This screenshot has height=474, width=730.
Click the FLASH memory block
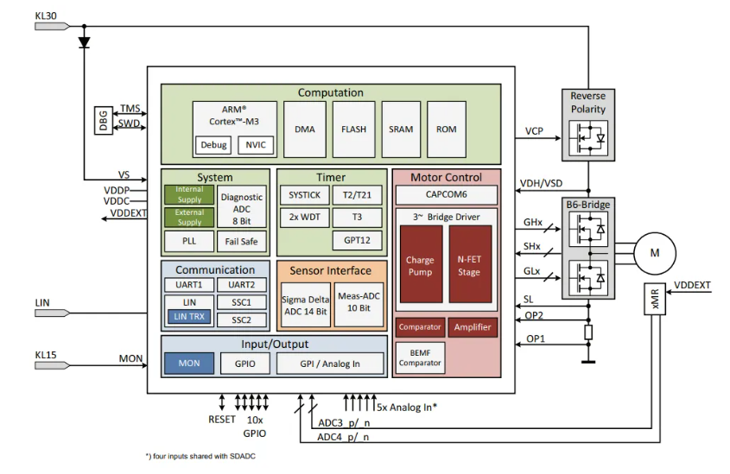click(x=354, y=130)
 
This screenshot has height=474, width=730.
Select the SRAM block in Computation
click(x=401, y=130)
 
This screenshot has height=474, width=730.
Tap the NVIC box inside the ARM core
click(x=256, y=145)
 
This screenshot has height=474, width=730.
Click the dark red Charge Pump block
click(x=421, y=264)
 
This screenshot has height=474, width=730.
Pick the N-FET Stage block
click(x=469, y=264)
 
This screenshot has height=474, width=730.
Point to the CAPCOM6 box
click(x=446, y=195)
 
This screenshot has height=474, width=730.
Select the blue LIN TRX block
click(x=189, y=317)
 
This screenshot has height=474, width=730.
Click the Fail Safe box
click(x=242, y=242)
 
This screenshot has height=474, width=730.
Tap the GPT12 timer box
click(x=357, y=241)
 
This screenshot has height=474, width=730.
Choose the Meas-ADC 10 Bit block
click(x=359, y=304)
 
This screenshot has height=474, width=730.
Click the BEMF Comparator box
click(x=420, y=357)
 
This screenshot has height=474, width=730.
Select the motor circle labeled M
click(x=655, y=253)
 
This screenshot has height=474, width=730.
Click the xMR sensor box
click(x=655, y=299)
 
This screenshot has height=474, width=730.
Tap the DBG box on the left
click(x=104, y=121)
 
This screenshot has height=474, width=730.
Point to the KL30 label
click(x=46, y=16)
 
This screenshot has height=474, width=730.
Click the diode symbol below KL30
click(x=85, y=42)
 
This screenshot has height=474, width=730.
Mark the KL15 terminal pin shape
click(x=52, y=365)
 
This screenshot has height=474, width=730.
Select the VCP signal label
click(x=534, y=130)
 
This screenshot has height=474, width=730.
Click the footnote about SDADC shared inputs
click(x=200, y=457)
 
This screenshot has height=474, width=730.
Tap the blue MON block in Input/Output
click(x=189, y=363)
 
